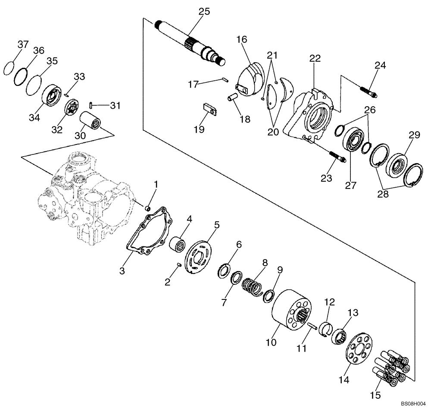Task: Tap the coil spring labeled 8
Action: pos(252,287)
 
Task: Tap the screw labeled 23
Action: pos(336,155)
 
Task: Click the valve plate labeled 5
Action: pos(200,255)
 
